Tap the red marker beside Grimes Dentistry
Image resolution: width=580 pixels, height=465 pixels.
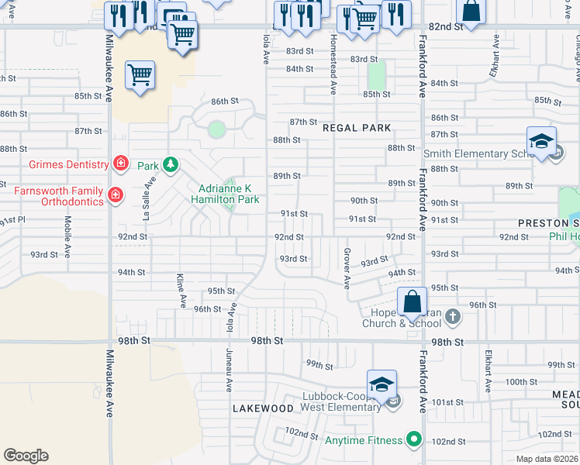click(120, 163)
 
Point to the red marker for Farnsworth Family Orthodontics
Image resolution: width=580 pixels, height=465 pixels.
click(115, 195)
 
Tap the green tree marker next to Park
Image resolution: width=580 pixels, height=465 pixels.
click(170, 165)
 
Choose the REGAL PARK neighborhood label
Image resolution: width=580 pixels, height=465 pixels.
click(356, 127)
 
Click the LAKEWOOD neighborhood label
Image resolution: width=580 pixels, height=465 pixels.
click(263, 408)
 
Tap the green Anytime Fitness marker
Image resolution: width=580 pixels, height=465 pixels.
click(414, 440)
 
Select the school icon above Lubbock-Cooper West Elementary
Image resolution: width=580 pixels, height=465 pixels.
click(381, 384)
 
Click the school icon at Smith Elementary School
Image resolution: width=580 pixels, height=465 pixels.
click(541, 141)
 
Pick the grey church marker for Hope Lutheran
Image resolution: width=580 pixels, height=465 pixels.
click(453, 316)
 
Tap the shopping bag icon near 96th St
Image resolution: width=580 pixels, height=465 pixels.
click(413, 301)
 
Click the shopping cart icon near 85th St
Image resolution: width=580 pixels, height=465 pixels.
click(140, 76)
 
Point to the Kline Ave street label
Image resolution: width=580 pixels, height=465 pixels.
click(181, 288)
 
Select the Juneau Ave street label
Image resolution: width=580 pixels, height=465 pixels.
click(229, 368)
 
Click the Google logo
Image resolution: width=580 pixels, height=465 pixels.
click(26, 456)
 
